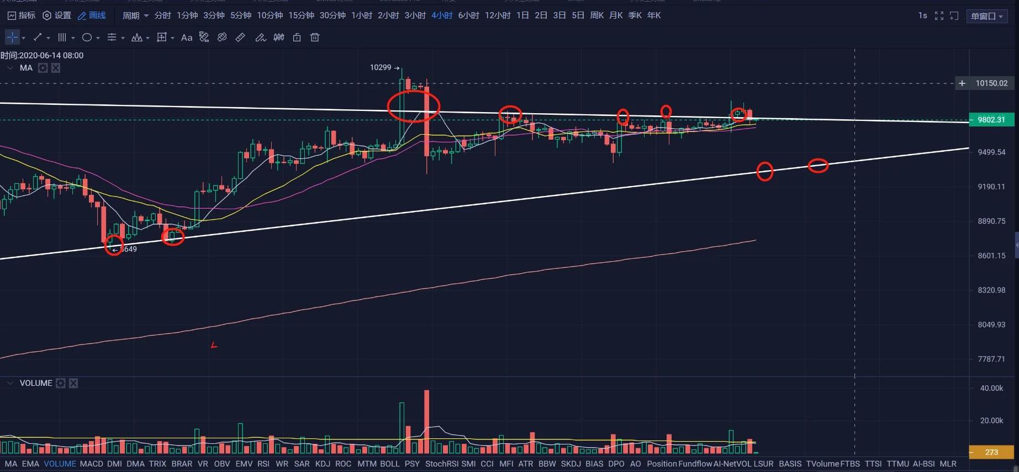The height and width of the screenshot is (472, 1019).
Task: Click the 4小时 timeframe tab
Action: pos(442,15)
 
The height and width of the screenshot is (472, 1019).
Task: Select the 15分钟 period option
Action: pos(301,15)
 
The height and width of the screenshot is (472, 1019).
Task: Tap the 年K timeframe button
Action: pos(654,15)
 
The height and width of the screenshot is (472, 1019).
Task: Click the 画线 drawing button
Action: pos(92,15)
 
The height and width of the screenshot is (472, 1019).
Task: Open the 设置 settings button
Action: pos(57,15)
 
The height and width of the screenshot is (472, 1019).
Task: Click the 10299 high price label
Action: pos(381,67)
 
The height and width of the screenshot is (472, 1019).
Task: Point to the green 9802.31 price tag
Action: pos(991,120)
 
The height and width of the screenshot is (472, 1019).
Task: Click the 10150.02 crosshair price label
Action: pos(991,83)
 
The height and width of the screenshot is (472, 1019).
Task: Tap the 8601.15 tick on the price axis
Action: pos(991,256)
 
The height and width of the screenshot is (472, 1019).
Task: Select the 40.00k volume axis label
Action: pos(991,388)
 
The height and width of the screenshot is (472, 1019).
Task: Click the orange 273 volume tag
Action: pos(991,452)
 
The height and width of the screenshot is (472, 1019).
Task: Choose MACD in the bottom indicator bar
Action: pos(91,464)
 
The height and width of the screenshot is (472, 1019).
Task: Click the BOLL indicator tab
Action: pos(389,464)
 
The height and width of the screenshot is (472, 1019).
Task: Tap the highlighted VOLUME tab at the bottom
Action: pos(60,464)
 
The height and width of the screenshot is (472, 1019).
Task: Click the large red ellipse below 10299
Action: pos(414,105)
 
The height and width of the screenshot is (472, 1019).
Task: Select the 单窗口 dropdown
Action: pos(986,16)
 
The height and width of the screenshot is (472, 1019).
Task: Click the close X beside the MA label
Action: pos(56,68)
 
